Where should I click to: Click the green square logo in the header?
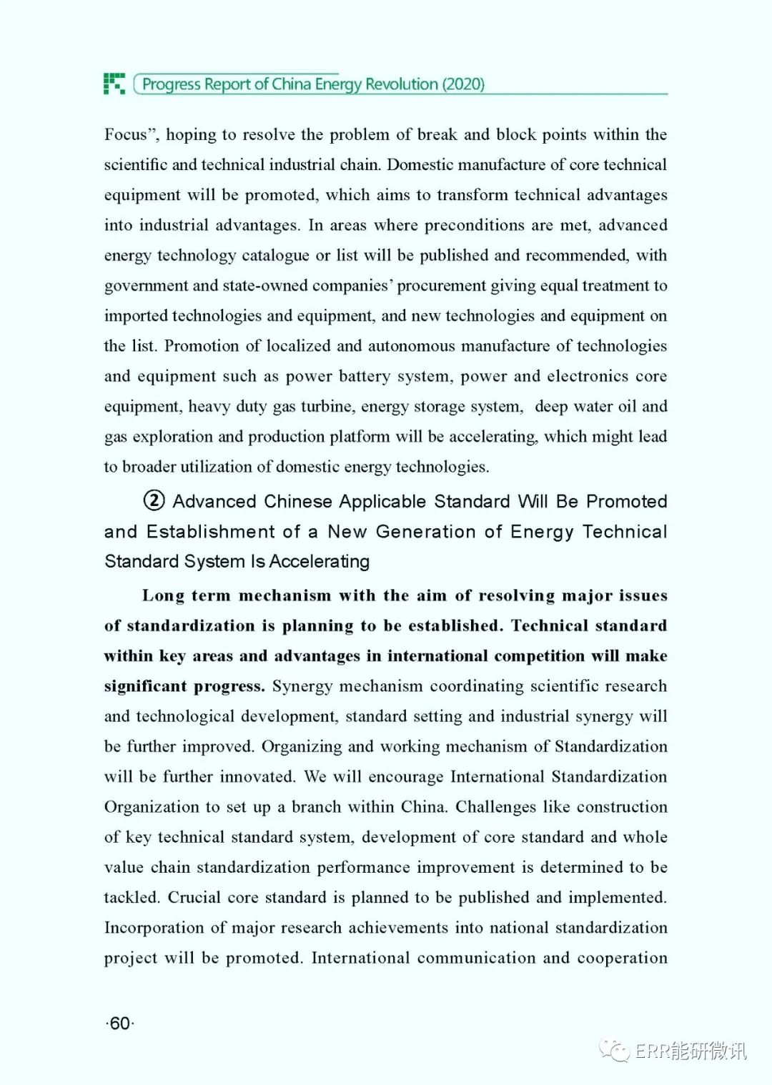click(x=114, y=84)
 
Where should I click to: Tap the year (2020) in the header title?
click(x=463, y=84)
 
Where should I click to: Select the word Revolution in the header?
click(x=402, y=84)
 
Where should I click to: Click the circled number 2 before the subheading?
click(x=154, y=500)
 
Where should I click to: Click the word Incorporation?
click(x=154, y=928)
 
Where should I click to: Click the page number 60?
click(x=120, y=1024)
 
